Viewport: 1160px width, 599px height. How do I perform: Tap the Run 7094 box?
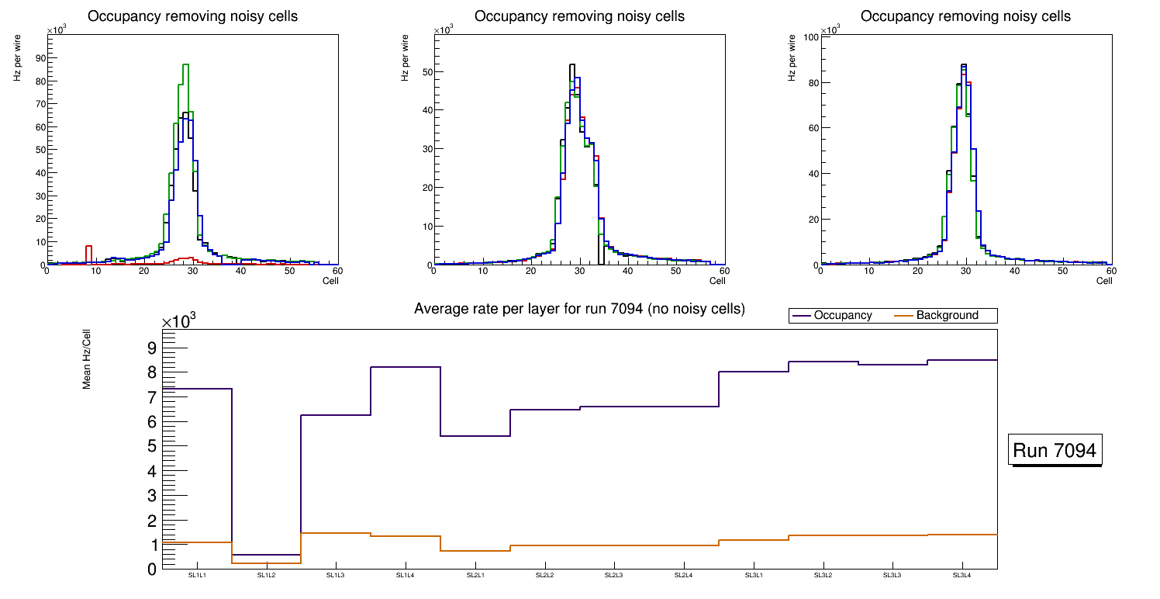coord(1055,450)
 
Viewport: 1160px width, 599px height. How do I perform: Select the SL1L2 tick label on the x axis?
coord(266,576)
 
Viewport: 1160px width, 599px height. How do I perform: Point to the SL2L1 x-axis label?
coord(475,576)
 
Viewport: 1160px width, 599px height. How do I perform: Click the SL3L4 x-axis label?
coord(962,576)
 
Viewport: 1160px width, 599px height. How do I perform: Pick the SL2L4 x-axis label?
coord(683,576)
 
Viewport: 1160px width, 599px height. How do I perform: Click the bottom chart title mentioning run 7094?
coord(579,309)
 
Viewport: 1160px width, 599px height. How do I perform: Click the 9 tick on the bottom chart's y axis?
coord(151,348)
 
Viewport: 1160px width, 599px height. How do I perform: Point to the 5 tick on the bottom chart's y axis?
coord(151,446)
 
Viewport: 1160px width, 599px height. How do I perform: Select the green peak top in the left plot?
coord(185,64)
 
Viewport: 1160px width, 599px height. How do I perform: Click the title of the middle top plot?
coord(579,16)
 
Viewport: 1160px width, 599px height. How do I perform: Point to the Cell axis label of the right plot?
coord(1104,281)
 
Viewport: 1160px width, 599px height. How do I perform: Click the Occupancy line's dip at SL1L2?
coord(266,555)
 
